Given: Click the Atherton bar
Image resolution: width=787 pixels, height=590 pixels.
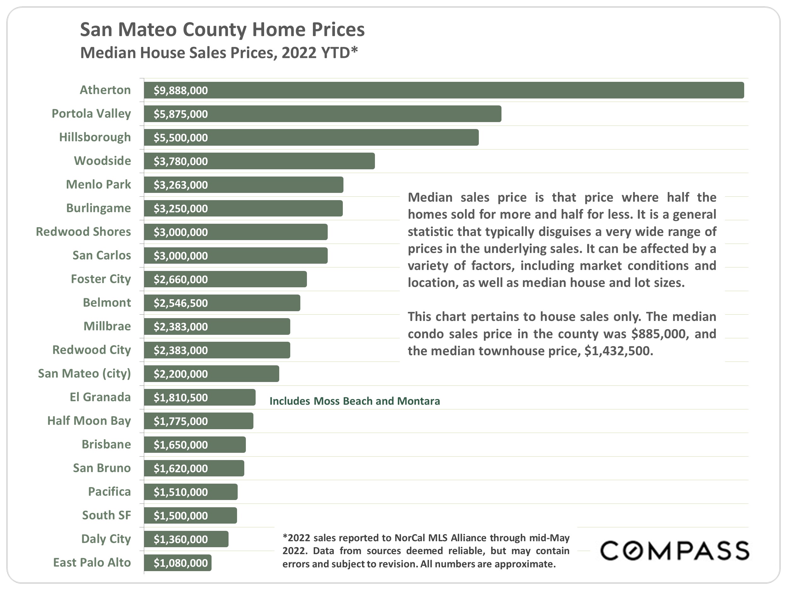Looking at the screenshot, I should tap(444, 90).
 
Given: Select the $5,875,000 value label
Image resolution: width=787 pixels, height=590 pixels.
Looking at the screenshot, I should tap(181, 114).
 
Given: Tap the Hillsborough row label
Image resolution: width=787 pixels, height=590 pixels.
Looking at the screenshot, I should tap(95, 137).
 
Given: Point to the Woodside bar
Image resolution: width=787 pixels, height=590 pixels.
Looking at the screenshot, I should tap(259, 161).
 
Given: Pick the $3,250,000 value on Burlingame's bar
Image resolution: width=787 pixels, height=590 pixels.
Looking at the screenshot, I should tap(181, 209).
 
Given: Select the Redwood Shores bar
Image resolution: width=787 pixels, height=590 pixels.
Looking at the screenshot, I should tap(235, 232).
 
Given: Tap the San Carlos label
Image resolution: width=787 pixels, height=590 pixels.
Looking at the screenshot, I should tap(102, 255).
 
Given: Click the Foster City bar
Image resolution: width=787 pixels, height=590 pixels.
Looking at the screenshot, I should tap(225, 279).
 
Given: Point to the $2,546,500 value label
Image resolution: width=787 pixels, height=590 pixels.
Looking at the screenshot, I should tap(181, 303).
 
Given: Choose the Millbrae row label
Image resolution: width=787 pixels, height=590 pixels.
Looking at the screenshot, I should tap(107, 326).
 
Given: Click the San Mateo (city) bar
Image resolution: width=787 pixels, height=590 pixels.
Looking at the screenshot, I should tap(211, 374).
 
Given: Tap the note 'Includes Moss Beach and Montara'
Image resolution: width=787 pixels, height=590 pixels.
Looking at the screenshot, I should tap(355, 401).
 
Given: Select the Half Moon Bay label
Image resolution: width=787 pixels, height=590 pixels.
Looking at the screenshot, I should tap(89, 421).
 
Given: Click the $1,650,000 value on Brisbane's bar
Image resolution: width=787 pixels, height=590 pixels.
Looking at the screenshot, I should tap(181, 445).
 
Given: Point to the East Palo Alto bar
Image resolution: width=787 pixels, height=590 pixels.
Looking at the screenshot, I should tap(178, 563).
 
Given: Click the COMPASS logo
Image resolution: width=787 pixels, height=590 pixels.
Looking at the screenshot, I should tap(675, 551).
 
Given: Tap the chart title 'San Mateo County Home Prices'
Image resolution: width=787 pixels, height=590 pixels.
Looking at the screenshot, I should tap(222, 30).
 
